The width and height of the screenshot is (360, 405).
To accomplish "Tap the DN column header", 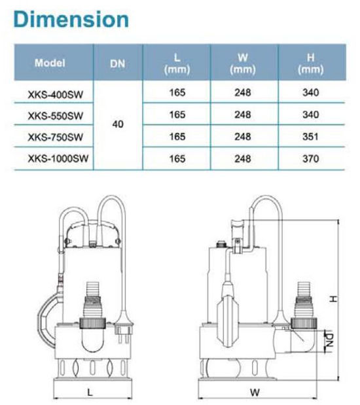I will coord(118,63).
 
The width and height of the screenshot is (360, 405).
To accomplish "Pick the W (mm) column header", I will coord(243,63).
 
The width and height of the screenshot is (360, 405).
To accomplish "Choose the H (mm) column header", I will coord(311,63).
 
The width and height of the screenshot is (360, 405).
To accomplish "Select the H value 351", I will coord(311,137).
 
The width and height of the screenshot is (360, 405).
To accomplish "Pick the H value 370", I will coord(311,159).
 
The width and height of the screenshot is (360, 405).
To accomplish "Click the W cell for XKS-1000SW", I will coord(243,159).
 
